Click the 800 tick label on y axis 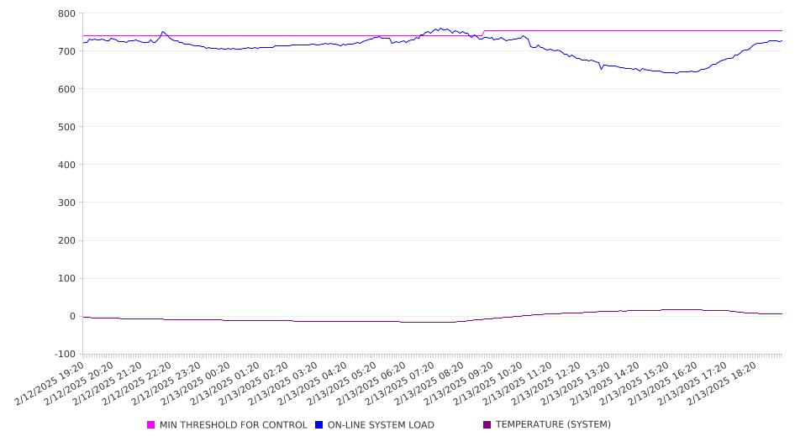(66, 13)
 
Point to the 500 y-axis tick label (66, 127)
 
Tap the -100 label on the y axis (64, 355)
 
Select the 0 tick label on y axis (72, 316)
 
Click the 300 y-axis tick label (66, 203)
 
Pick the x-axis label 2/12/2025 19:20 (50, 383)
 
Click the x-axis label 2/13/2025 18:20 (722, 383)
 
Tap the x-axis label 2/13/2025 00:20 (196, 383)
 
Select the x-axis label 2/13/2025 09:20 (459, 383)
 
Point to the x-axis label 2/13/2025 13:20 (576, 383)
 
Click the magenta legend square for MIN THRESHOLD (150, 424)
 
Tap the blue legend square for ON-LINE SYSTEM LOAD (319, 424)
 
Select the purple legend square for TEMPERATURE (487, 424)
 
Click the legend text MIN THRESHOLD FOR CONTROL (234, 425)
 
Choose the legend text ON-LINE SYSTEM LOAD (381, 425)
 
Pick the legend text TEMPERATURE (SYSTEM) (553, 424)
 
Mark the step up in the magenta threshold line (483, 33)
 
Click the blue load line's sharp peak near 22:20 (162, 31)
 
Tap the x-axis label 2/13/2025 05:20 (342, 383)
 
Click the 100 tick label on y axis (66, 279)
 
